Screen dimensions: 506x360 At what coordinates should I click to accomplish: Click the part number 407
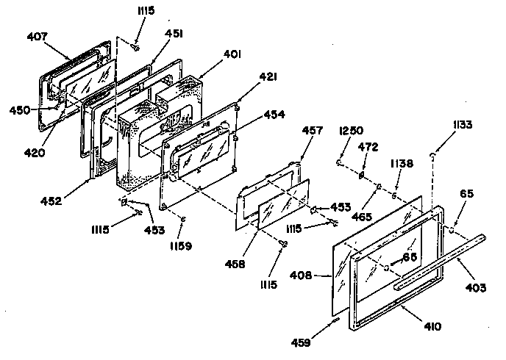37,37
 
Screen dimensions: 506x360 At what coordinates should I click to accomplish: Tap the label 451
174,34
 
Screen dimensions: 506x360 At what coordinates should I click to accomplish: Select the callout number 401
232,54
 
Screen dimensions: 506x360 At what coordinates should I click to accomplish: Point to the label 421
268,77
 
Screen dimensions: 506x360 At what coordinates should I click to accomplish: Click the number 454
274,115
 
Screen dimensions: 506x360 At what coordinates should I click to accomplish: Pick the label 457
312,131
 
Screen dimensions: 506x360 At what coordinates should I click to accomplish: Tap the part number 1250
351,131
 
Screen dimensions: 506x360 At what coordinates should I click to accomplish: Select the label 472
368,147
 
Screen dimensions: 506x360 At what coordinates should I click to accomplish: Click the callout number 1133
463,125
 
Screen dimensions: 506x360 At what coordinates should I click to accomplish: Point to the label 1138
402,164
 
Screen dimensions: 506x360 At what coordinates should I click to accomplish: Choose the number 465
362,217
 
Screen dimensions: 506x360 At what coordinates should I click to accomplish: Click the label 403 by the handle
476,287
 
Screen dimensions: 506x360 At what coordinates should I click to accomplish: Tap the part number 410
432,326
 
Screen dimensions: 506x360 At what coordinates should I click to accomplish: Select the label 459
301,342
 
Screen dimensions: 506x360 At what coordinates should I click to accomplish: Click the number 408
301,276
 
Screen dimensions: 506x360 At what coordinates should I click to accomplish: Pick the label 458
235,264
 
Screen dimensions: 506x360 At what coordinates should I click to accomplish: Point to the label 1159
181,246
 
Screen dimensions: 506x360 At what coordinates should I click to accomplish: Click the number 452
51,201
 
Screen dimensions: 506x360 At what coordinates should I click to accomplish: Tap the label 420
35,152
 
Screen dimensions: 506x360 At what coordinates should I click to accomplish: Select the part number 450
20,110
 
